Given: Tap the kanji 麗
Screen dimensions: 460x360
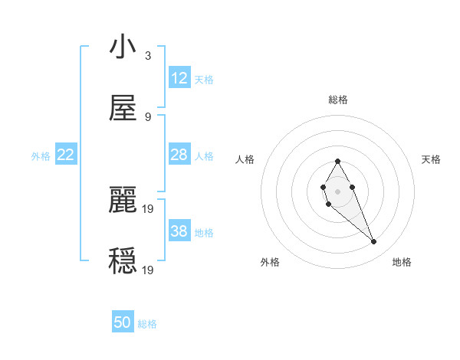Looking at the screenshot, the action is click(x=123, y=201).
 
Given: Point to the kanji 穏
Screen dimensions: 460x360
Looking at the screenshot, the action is click(x=123, y=261).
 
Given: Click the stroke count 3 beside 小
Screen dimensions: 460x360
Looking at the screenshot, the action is click(x=148, y=56).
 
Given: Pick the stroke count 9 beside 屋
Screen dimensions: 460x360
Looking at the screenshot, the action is click(x=148, y=117).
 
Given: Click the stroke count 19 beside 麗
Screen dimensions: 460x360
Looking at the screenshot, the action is click(x=149, y=208).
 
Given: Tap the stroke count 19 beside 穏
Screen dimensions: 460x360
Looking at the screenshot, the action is click(x=149, y=270).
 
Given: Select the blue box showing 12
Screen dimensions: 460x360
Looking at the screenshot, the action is click(x=179, y=78).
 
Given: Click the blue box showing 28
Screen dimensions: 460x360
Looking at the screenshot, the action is click(x=179, y=155).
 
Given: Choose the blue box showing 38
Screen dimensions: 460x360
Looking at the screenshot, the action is click(x=179, y=231).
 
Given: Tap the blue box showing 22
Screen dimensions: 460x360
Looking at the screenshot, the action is click(x=66, y=155).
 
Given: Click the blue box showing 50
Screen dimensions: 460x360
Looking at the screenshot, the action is click(x=123, y=322).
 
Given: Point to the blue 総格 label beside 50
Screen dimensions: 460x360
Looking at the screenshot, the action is click(x=147, y=324).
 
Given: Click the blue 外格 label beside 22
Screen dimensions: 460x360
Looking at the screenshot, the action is click(x=41, y=156).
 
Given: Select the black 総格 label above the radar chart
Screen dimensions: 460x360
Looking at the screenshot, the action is click(x=338, y=100).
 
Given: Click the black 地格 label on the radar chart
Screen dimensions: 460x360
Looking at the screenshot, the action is click(x=402, y=262).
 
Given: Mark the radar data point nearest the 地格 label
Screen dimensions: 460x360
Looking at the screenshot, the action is click(x=374, y=242).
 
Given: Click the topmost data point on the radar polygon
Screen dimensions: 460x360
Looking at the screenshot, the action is click(x=337, y=161).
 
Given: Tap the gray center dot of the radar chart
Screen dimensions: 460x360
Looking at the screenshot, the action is click(x=337, y=191).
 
